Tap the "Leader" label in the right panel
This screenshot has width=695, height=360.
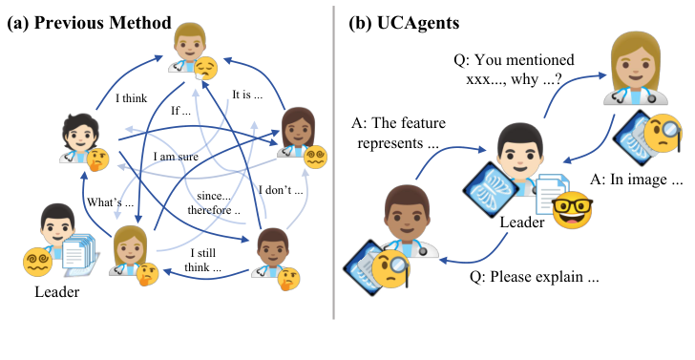click(x=520, y=222)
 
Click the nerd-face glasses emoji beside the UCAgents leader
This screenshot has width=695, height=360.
click(x=572, y=207)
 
